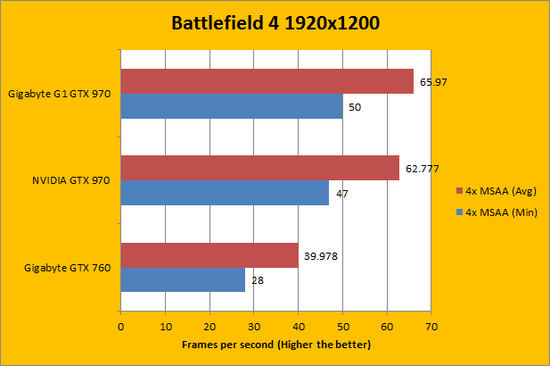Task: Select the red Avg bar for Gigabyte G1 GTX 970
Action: [x=267, y=81]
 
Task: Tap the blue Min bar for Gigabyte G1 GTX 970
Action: [x=231, y=106]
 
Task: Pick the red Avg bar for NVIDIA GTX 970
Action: [x=259, y=168]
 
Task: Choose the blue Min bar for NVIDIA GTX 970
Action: [x=225, y=193]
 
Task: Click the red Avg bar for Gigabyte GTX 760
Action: [x=209, y=255]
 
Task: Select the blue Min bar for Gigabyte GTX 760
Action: [x=183, y=279]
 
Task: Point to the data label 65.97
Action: [x=430, y=82]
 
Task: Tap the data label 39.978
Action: [x=321, y=255]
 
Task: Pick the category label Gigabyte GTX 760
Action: [x=66, y=267]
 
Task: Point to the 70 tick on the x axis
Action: [x=431, y=327]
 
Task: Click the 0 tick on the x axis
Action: [x=120, y=327]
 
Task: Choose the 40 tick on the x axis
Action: [x=298, y=327]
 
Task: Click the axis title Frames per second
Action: [x=275, y=344]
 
